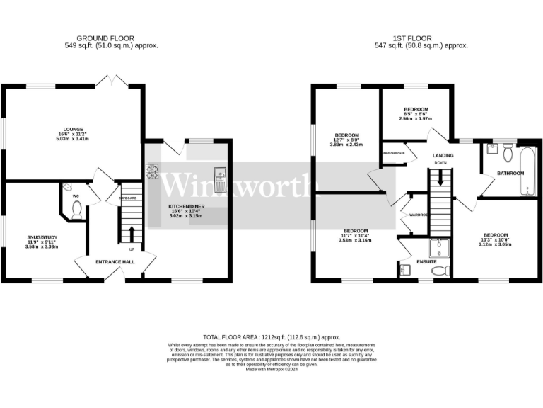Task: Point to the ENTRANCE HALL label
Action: (x=115, y=261)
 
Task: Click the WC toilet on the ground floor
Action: (x=76, y=209)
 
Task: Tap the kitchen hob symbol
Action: (x=152, y=171)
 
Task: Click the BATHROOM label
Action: (x=510, y=173)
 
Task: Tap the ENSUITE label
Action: (x=426, y=261)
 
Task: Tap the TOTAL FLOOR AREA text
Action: (x=271, y=337)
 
